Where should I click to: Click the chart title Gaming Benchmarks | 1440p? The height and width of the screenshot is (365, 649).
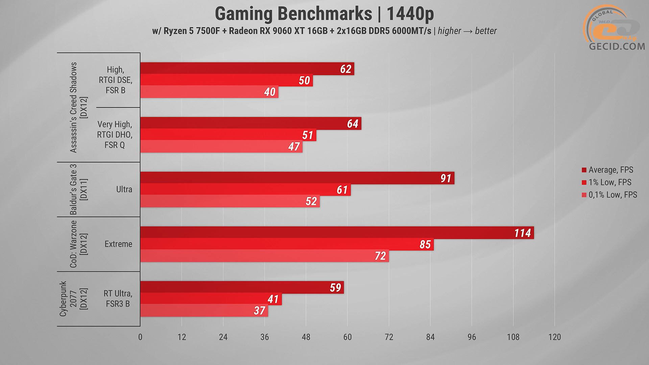click(324, 14)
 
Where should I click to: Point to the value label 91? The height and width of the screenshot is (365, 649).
click(446, 178)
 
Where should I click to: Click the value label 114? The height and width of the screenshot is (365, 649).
click(523, 233)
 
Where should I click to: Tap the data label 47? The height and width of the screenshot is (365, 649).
click(294, 147)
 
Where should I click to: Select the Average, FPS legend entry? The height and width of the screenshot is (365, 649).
click(610, 170)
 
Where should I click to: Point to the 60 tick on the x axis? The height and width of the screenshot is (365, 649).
click(347, 337)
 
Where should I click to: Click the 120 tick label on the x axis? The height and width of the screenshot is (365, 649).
click(554, 337)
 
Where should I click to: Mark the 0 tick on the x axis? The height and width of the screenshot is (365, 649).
click(140, 337)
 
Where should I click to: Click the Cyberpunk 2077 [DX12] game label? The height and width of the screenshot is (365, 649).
click(73, 299)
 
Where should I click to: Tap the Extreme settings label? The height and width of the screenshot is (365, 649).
click(118, 244)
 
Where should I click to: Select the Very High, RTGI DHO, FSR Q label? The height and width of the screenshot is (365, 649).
click(115, 135)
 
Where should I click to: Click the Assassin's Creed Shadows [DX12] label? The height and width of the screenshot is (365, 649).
click(78, 107)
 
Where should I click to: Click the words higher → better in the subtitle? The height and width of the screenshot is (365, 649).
click(467, 31)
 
